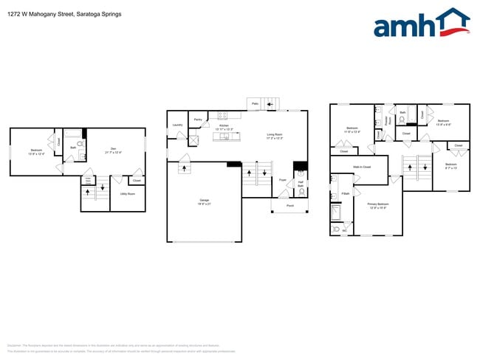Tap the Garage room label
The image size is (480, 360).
(204, 201)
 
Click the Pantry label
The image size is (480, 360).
(198, 119)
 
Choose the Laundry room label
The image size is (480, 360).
(177, 125)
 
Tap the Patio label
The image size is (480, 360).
(255, 104)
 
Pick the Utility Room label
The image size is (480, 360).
(127, 194)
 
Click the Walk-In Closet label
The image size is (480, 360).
(362, 167)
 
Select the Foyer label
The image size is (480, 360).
(283, 180)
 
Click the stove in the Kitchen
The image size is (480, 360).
(223, 115)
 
